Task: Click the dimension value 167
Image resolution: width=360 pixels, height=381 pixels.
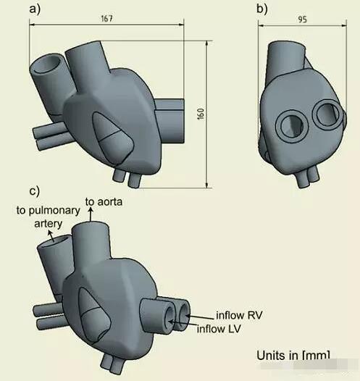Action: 107,19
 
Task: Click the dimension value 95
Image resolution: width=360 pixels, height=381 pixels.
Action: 303,20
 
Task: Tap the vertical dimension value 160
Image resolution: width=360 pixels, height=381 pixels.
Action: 201,114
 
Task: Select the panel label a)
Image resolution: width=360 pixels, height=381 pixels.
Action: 35,9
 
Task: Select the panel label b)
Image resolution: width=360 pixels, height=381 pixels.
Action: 262,9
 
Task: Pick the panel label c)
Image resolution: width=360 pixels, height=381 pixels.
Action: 34,191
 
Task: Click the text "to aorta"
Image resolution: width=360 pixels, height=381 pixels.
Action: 104,202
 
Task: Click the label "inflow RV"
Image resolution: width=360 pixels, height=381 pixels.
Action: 239,315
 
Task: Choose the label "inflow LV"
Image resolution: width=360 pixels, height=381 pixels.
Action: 219,329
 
